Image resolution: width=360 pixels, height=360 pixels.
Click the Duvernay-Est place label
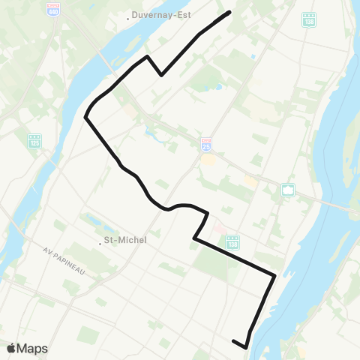[160, 14]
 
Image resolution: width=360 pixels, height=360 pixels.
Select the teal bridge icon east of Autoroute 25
[288, 190]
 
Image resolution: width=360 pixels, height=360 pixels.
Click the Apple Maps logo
[27, 348]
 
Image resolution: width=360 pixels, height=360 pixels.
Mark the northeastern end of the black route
[229, 12]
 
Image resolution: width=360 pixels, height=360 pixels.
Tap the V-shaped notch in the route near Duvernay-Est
[161, 75]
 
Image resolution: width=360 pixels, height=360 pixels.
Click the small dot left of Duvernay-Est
[128, 15]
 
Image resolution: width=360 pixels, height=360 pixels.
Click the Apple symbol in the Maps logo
[12, 348]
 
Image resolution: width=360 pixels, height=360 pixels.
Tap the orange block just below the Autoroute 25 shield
[209, 159]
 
